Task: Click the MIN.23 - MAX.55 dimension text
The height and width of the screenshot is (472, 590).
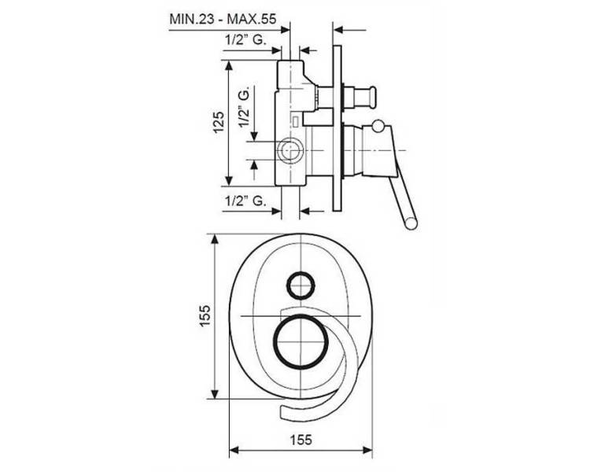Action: point(223,18)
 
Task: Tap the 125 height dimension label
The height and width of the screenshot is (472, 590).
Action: point(219,122)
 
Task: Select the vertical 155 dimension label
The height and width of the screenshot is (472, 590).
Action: point(205,315)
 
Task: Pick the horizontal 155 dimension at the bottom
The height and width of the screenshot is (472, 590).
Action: point(301,439)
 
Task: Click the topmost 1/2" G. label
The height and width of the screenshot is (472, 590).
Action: point(246,39)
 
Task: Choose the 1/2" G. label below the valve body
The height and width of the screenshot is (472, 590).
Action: point(246,201)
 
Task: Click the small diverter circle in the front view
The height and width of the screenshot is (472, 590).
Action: point(301,285)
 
